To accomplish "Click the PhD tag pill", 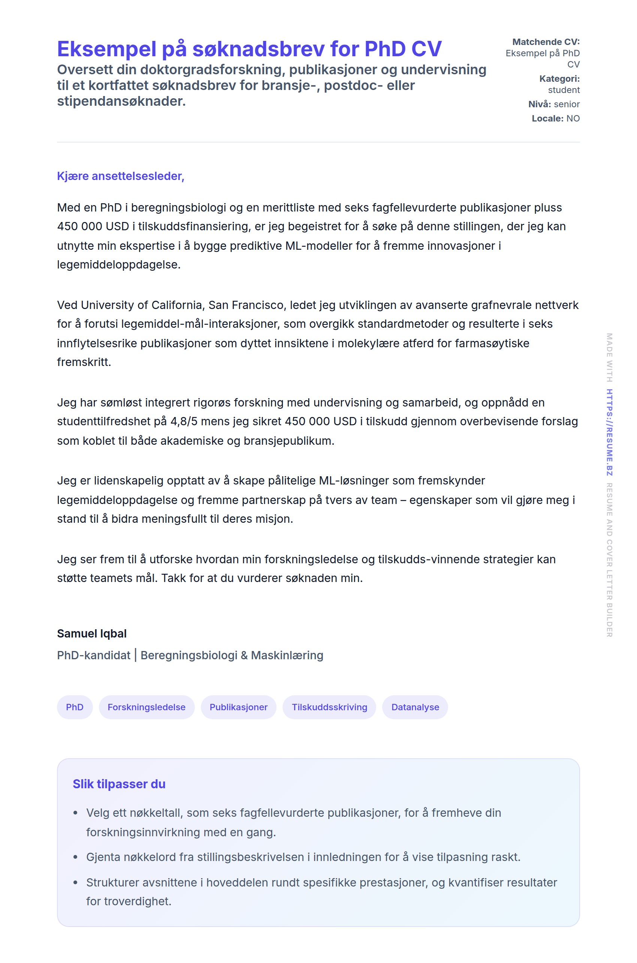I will (x=75, y=707).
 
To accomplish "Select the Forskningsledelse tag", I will (x=146, y=707).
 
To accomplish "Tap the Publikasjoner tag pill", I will (x=238, y=707).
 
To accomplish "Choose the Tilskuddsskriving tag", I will (x=329, y=707).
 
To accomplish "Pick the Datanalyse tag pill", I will (x=415, y=707).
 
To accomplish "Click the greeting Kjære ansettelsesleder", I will (x=121, y=176).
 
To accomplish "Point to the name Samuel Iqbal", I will (x=92, y=633).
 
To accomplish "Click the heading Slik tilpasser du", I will (x=119, y=784).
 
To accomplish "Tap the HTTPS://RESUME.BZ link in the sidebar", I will (x=609, y=432).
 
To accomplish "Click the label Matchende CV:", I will (x=546, y=42).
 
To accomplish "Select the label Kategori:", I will (x=559, y=78).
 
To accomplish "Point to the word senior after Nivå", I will (x=566, y=104).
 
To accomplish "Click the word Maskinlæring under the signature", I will (x=287, y=655).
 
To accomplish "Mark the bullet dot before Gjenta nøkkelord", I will (x=75, y=857).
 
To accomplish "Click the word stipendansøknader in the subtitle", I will (x=121, y=101).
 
